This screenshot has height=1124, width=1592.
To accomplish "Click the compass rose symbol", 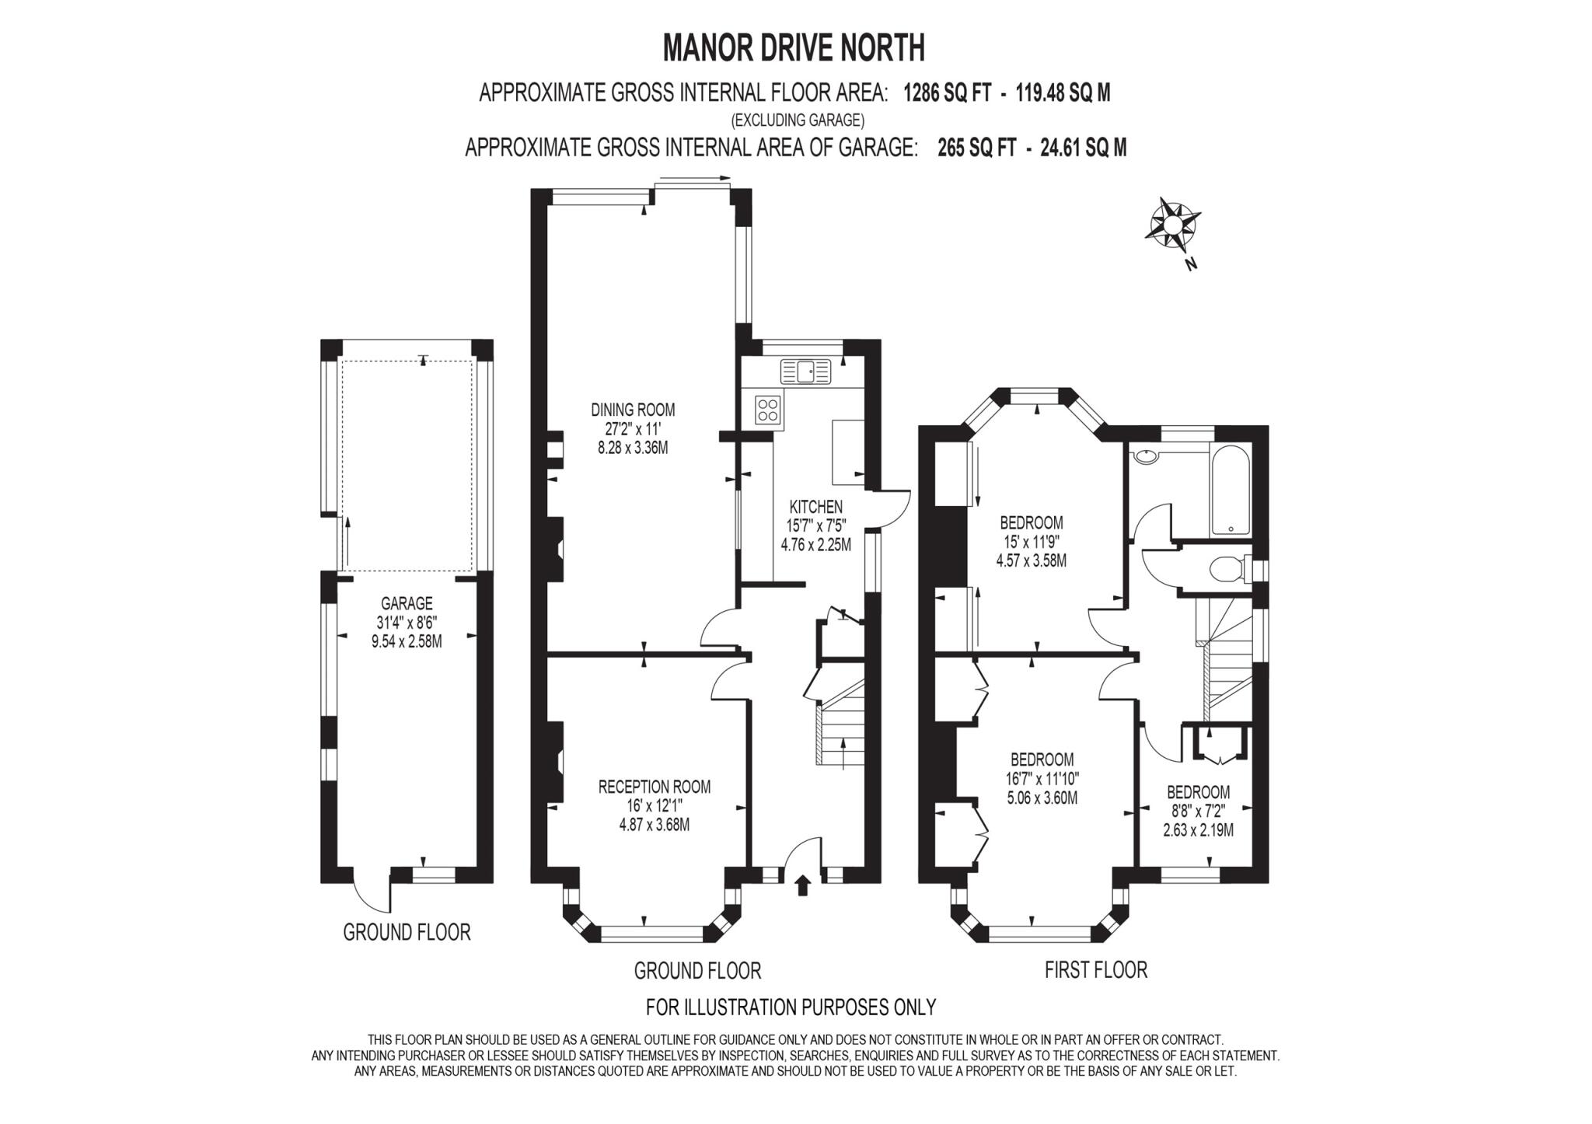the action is [x=1173, y=224].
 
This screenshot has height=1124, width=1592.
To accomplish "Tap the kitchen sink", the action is [x=806, y=372].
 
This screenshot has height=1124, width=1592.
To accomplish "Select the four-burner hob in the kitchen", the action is [x=768, y=410].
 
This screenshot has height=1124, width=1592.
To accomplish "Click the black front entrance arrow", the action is [x=803, y=885].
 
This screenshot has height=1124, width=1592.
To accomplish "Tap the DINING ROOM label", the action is [x=633, y=410].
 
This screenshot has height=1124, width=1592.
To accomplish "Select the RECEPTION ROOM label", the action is [x=654, y=787].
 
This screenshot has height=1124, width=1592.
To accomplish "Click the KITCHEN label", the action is [x=815, y=507].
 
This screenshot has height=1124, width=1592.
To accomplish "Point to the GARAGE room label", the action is [x=407, y=603].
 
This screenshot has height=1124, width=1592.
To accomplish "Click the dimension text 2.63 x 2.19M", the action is [x=1198, y=830].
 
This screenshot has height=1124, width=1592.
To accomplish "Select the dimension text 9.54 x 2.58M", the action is [x=407, y=641].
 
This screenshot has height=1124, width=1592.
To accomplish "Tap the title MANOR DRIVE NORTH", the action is [x=794, y=48].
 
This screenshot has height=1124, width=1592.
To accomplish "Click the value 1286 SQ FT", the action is [x=948, y=93].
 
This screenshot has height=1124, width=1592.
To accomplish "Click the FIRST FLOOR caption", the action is [x=1095, y=970].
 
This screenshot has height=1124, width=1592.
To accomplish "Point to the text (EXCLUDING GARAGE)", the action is [x=797, y=120].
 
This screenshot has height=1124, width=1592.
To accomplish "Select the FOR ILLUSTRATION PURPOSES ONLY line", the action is [x=791, y=1007].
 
